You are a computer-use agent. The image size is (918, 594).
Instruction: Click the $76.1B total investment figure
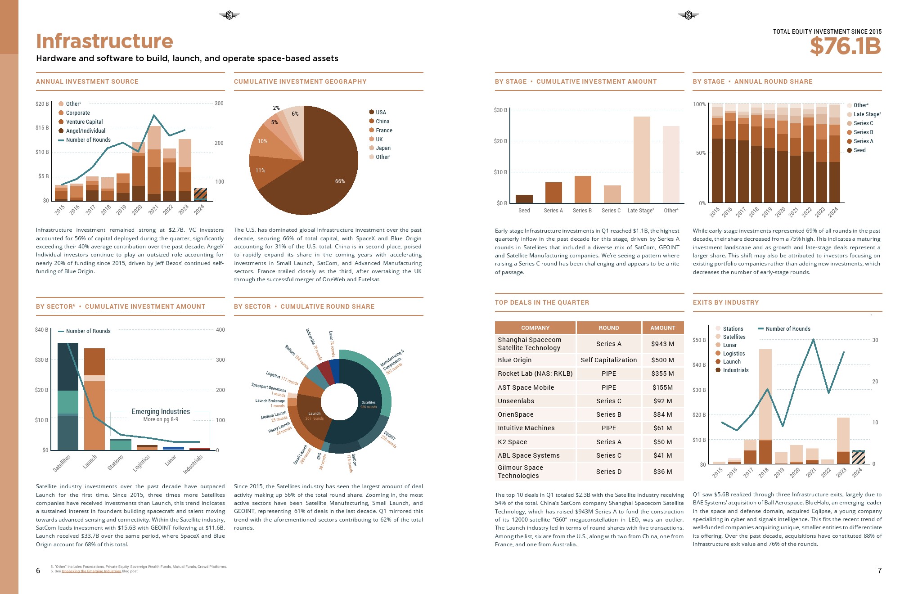[845, 46]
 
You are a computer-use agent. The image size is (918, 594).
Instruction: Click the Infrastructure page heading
[104, 41]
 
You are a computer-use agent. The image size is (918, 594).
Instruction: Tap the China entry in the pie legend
[382, 121]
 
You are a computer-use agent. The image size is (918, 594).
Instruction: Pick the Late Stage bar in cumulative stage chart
[642, 160]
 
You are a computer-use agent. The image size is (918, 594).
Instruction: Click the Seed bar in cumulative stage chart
[524, 199]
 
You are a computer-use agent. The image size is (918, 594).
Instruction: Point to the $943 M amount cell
[662, 344]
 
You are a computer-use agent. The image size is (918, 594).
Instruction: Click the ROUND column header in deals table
[608, 328]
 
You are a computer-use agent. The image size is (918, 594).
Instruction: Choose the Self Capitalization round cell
[608, 360]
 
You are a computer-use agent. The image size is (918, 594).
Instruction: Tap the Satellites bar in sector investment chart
[68, 396]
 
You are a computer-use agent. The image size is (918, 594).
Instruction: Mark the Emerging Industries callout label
[161, 412]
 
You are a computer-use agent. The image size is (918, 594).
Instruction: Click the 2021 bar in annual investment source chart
[154, 166]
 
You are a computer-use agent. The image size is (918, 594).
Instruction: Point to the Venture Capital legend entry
[84, 122]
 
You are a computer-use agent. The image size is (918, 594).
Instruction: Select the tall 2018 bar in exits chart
[765, 405]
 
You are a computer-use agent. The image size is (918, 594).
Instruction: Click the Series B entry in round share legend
[863, 132]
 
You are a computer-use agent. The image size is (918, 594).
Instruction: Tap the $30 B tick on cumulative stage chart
[500, 110]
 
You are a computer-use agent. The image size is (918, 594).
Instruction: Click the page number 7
[879, 571]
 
